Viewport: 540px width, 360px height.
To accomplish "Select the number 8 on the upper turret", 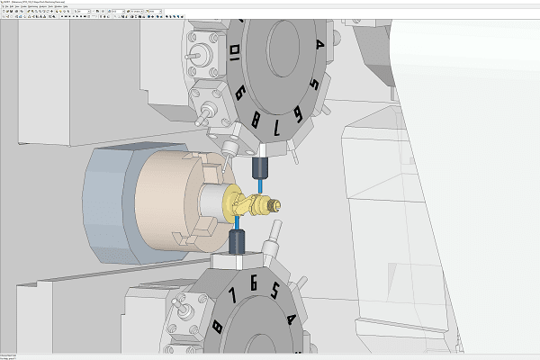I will point(259,118).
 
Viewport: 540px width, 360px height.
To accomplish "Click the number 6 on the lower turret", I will point(254,284).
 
